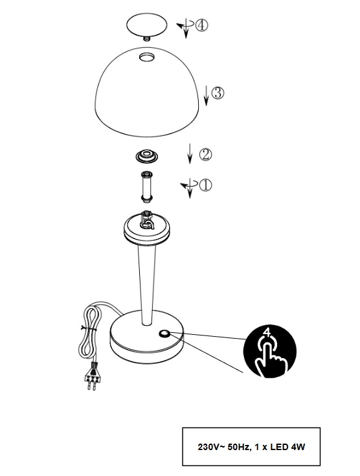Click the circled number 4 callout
point(201,25)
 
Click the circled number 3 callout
point(218,93)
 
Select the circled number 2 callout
point(205,155)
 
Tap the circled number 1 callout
point(205,185)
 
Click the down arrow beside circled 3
point(207,95)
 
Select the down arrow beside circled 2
point(190,153)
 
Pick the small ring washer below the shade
point(147,155)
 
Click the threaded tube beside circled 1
point(147,187)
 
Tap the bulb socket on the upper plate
point(147,220)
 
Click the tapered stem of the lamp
point(147,285)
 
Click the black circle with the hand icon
point(269,352)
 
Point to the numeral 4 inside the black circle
point(267,332)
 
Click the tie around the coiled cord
point(89,328)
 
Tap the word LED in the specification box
point(279,447)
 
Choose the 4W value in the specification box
point(298,447)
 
